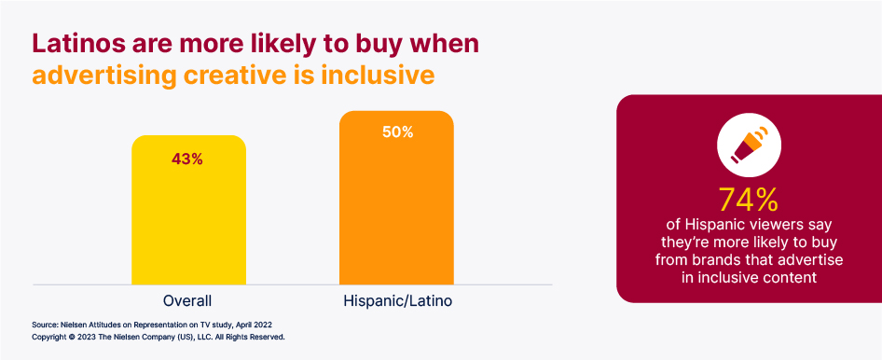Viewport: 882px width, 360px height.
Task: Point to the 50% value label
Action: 397,132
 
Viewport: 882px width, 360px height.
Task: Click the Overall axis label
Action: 187,300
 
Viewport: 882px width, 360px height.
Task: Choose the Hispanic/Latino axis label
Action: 397,300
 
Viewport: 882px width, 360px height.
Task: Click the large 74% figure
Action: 748,200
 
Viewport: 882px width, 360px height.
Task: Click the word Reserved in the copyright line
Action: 265,336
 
